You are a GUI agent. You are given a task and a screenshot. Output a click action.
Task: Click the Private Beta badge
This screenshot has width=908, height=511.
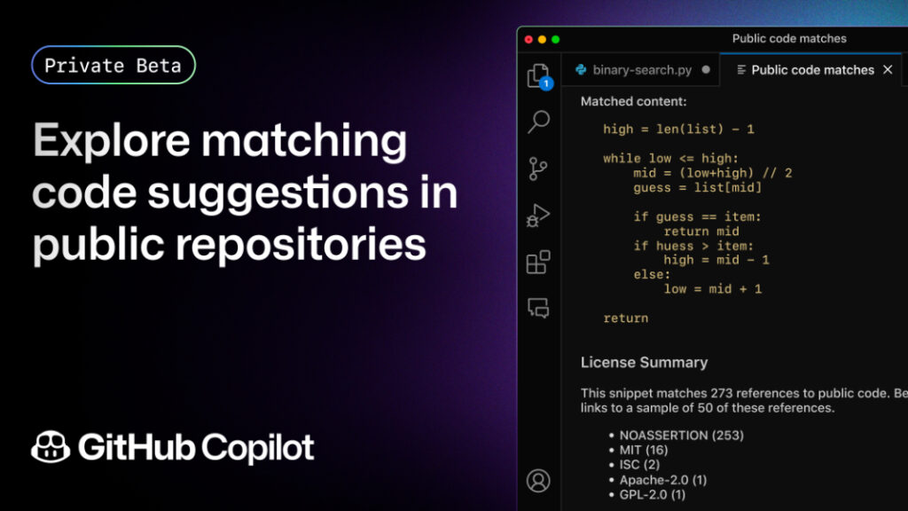(113, 65)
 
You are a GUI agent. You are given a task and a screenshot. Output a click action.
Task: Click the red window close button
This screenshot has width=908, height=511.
(529, 39)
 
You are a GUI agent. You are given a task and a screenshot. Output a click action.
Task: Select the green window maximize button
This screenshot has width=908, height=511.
(556, 39)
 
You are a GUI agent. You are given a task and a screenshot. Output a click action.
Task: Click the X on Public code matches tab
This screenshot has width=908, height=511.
(888, 69)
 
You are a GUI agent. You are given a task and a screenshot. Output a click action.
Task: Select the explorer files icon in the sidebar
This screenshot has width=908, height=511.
(538, 76)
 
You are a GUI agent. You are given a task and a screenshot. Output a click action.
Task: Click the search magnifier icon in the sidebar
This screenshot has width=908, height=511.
(538, 122)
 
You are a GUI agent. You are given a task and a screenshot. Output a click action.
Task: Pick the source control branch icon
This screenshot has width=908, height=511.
(538, 168)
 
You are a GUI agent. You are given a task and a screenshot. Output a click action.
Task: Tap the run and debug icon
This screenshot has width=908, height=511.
(538, 215)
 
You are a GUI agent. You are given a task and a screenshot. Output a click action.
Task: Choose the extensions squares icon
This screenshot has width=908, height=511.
(538, 262)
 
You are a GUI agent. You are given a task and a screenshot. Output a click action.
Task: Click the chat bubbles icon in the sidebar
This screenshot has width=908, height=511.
(538, 308)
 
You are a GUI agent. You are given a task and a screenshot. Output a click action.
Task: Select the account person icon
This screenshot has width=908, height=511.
(538, 480)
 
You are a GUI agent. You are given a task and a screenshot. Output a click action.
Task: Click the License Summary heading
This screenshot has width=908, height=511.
(644, 362)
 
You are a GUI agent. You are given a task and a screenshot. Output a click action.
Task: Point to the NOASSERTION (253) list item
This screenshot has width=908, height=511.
(681, 436)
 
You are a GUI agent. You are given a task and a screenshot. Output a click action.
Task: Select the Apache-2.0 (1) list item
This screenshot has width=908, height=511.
(663, 479)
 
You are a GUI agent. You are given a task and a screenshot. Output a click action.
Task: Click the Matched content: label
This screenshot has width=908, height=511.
(633, 102)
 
